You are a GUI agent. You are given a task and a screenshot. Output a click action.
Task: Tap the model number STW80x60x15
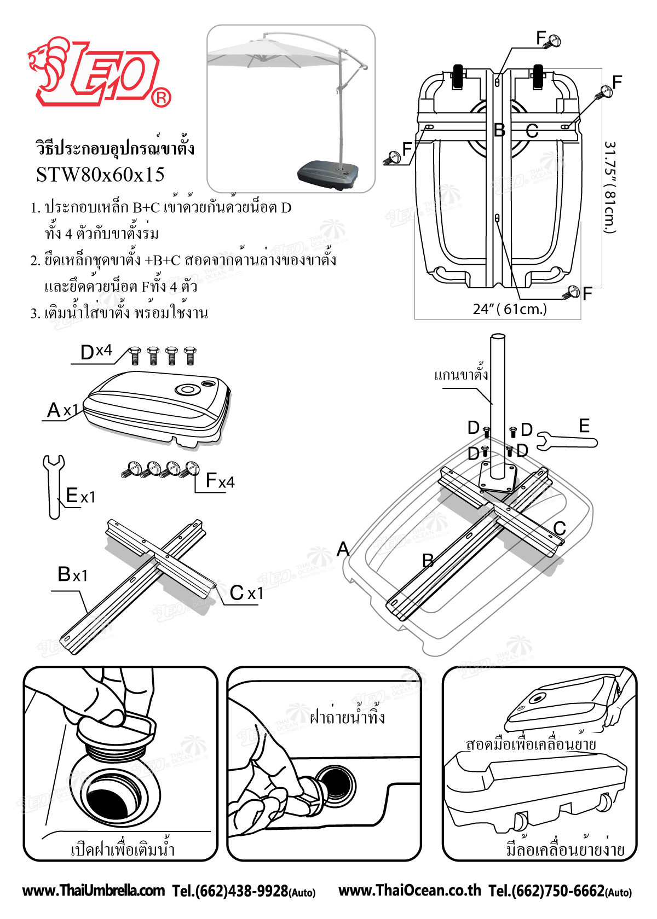(x=100, y=175)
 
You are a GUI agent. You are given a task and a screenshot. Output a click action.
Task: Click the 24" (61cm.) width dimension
(x=509, y=310)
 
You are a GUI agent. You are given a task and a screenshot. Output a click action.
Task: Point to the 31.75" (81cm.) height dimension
(x=610, y=187)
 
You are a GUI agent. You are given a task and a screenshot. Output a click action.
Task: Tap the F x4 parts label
(x=220, y=481)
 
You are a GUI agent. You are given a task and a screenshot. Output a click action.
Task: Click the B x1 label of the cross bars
(x=72, y=575)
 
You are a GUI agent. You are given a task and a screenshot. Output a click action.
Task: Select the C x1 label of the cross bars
(x=246, y=593)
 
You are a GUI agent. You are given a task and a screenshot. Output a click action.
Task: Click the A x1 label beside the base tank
(x=62, y=410)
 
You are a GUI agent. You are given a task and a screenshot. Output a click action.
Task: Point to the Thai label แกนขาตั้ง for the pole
(x=461, y=375)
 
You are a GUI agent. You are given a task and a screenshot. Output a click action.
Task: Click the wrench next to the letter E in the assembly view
(x=567, y=441)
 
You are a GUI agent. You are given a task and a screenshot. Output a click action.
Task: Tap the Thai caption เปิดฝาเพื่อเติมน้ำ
(x=123, y=850)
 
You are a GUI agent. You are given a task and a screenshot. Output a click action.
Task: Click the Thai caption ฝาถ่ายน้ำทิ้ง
(x=347, y=716)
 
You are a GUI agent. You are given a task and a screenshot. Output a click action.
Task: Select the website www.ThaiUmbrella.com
(x=94, y=891)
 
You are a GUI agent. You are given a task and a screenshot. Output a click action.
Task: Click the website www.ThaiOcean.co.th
(x=410, y=891)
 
